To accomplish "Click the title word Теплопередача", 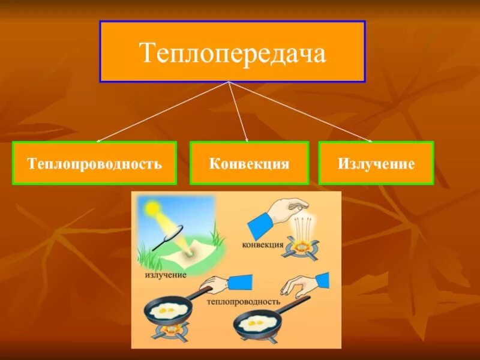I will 232,52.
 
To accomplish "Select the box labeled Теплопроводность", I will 94,163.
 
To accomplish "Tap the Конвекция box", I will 249,163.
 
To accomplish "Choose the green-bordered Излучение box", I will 376,163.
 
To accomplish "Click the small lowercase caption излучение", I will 166,275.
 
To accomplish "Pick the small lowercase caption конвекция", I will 263,245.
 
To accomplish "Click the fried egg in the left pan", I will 166,311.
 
